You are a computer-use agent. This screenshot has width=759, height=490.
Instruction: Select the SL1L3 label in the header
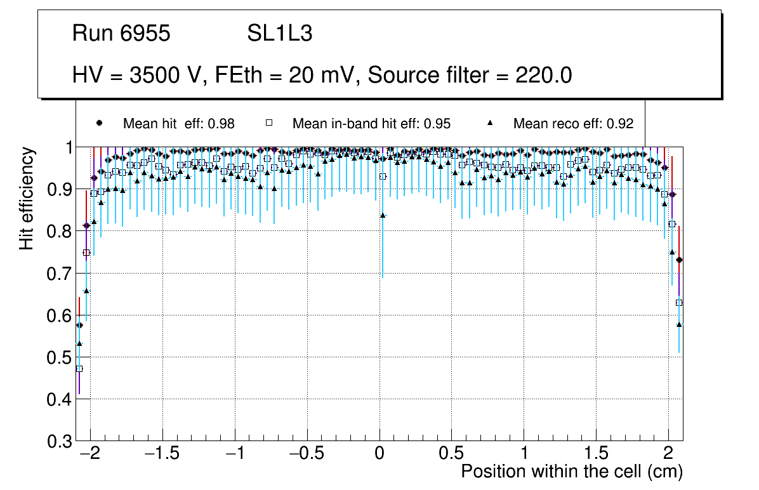(x=280, y=34)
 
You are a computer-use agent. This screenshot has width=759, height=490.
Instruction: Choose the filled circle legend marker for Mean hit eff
(x=98, y=123)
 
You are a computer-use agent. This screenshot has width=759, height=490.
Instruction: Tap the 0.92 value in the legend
(x=620, y=124)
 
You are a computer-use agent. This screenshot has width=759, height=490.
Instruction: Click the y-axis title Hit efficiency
(x=27, y=198)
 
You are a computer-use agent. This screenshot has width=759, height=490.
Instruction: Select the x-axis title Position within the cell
(x=571, y=472)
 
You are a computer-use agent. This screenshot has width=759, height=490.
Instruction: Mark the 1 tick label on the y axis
(x=66, y=147)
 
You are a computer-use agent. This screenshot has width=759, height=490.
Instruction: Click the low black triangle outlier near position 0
(x=383, y=215)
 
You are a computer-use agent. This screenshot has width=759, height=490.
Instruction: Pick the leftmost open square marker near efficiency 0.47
(x=79, y=369)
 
